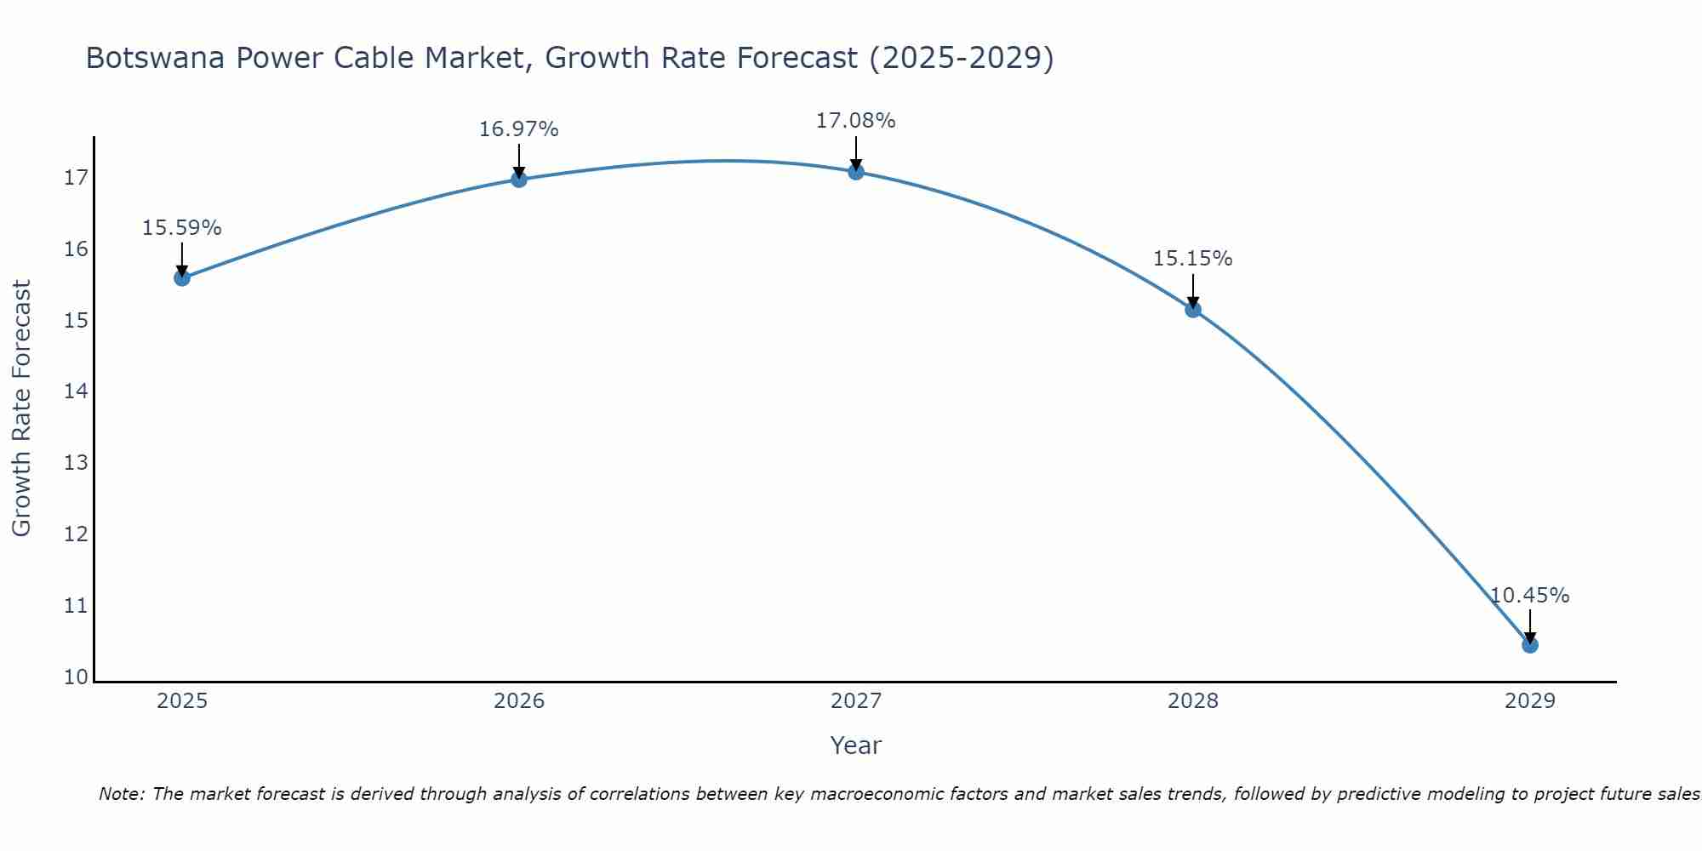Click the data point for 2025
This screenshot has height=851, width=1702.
[x=182, y=277]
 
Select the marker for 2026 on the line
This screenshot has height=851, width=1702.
[x=519, y=179]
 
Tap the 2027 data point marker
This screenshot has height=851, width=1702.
[x=856, y=172]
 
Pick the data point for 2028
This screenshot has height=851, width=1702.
[x=1193, y=309]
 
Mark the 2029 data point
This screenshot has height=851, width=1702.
[x=1530, y=645]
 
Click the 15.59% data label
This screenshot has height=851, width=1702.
[x=182, y=228]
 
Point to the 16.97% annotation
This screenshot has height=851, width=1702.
[x=519, y=129]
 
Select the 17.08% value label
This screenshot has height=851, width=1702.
[x=856, y=121]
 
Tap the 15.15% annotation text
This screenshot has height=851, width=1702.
[x=1193, y=259]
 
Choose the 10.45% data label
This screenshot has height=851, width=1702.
[x=1530, y=596]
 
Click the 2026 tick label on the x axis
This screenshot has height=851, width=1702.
[x=519, y=701]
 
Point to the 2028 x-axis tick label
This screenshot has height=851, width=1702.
[x=1193, y=701]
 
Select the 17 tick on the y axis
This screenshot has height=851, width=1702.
[x=76, y=178]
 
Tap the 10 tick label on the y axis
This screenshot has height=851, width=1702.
[x=76, y=677]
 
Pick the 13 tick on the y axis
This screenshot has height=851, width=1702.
[x=76, y=463]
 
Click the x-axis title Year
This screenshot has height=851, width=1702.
[x=856, y=745]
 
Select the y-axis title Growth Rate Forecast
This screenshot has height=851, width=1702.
[x=22, y=408]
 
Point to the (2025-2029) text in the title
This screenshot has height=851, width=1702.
[x=961, y=58]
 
